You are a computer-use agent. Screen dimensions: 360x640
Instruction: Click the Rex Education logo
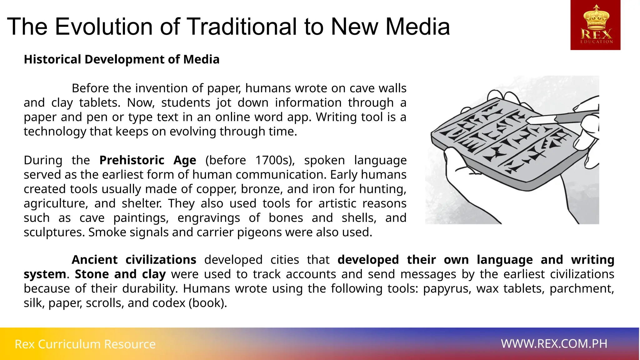(x=595, y=25)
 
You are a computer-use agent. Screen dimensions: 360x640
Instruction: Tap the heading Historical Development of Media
(x=122, y=59)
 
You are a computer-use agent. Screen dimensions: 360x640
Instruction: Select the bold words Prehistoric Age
(x=147, y=160)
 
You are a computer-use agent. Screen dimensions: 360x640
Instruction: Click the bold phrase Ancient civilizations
(x=134, y=260)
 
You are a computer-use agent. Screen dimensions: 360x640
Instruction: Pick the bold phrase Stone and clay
(x=120, y=274)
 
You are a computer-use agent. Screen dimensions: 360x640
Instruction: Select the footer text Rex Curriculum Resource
(x=85, y=344)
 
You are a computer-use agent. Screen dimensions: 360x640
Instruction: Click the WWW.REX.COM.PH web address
(x=554, y=344)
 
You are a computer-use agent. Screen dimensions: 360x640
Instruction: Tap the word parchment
(x=582, y=289)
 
